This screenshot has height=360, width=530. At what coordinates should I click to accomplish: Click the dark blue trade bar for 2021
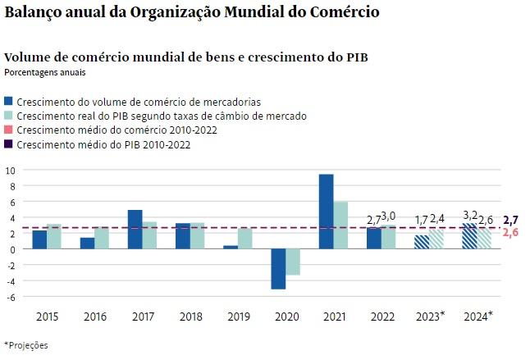point(326,212)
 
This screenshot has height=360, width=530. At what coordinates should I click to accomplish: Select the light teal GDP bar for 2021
point(340,226)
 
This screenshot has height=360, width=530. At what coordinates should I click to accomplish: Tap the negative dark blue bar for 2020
point(278,269)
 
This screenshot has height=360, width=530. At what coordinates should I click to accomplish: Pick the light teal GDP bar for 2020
point(293,262)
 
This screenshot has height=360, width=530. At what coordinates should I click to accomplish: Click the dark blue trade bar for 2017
point(135,230)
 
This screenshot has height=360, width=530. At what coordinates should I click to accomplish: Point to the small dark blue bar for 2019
point(231,247)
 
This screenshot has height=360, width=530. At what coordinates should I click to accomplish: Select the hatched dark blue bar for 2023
point(422,242)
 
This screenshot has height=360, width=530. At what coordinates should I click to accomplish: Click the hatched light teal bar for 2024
point(484,239)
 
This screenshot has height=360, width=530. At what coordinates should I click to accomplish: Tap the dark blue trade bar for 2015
point(39,239)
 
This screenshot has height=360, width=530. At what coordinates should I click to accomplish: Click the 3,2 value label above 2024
point(470,215)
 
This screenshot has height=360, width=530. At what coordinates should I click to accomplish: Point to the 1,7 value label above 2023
point(422,220)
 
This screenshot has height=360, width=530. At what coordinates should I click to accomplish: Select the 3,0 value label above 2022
point(388,216)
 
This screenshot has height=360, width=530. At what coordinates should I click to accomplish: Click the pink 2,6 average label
point(510,233)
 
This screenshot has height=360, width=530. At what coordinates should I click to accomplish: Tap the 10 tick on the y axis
point(11,171)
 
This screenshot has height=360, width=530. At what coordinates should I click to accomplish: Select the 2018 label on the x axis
point(191,317)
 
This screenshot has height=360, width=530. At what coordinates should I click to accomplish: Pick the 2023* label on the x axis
point(430,317)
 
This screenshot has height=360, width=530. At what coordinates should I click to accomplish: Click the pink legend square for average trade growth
point(8,130)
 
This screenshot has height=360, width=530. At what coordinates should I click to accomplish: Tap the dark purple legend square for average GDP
point(8,144)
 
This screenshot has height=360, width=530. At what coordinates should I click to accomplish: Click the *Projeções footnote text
point(26,345)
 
